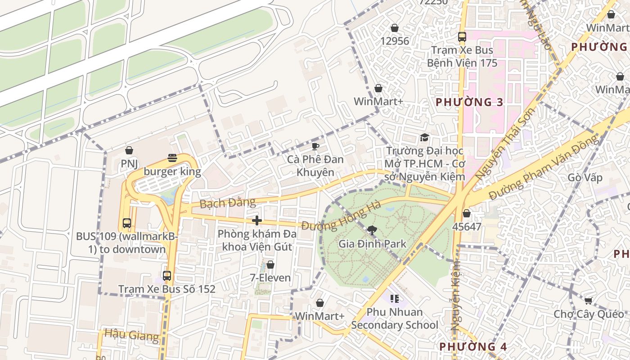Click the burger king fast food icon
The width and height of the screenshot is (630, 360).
point(172,158)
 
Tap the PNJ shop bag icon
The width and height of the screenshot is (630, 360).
point(129,150)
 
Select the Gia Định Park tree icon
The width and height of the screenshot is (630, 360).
point(372,231)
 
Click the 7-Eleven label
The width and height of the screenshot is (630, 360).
point(270,278)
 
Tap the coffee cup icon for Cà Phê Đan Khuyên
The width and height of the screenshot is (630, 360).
point(315,146)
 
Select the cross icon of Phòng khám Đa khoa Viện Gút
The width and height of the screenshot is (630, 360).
point(257,220)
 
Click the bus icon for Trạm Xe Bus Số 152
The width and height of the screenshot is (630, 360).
point(167,275)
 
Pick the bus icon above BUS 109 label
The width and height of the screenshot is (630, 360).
point(127,223)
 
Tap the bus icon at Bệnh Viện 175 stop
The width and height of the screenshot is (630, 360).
point(462,37)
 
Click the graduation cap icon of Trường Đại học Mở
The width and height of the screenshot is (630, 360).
point(424,138)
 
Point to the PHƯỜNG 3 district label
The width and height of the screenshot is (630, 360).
point(469,102)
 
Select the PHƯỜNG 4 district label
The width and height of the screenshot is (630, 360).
point(473,346)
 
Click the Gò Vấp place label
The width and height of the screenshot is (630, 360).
point(585,177)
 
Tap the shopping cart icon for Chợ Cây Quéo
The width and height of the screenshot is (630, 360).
point(588,301)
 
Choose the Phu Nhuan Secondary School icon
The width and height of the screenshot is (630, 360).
point(395,298)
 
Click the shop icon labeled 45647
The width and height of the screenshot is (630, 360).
point(467,213)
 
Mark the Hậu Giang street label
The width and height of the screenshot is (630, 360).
point(131,335)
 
